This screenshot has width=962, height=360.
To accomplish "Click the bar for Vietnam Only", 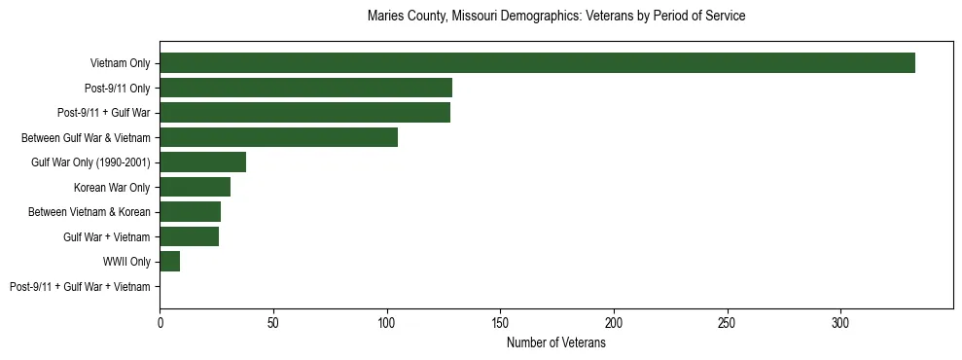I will (x=537, y=63).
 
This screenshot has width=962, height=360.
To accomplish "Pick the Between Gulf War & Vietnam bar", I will (x=278, y=137).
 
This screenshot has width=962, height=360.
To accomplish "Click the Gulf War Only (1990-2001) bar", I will (x=202, y=162).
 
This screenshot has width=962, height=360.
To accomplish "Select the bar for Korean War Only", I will (x=195, y=187).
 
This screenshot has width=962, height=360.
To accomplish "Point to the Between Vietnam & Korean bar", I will (x=190, y=212).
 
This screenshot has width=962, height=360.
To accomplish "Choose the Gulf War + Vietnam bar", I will (x=189, y=236).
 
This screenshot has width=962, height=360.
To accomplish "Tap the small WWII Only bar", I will (x=169, y=262).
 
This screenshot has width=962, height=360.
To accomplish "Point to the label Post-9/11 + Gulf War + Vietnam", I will (x=80, y=287).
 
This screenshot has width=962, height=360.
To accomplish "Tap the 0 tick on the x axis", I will (x=160, y=321).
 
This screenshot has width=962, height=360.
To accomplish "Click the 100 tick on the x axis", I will (x=386, y=321).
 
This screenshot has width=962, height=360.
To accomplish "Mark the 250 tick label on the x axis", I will (x=727, y=321).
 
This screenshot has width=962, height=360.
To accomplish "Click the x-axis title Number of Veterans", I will (x=556, y=343).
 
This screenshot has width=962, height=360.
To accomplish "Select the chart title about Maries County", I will (x=556, y=17).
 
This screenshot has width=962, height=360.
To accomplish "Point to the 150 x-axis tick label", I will (x=500, y=321).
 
